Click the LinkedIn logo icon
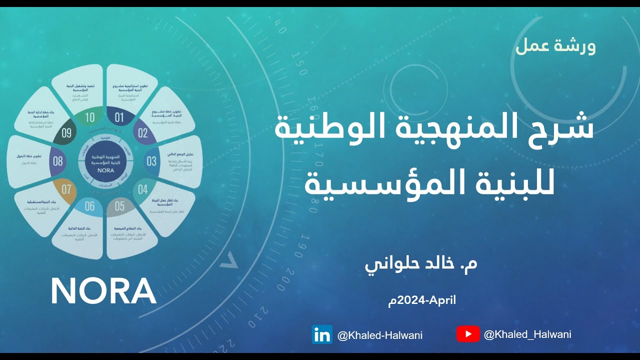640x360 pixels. (322, 334)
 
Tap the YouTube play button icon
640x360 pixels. (468, 334)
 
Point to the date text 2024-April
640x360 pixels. (422, 300)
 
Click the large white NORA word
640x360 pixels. (103, 291)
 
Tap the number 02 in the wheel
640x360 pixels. (143, 133)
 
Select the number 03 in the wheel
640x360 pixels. (151, 161)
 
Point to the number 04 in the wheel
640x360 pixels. (143, 189)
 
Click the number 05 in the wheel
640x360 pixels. (119, 205)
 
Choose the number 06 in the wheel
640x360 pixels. (89, 205)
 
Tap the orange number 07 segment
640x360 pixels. (66, 189)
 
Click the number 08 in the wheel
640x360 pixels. (58, 161)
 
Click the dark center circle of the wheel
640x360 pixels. (104, 161)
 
